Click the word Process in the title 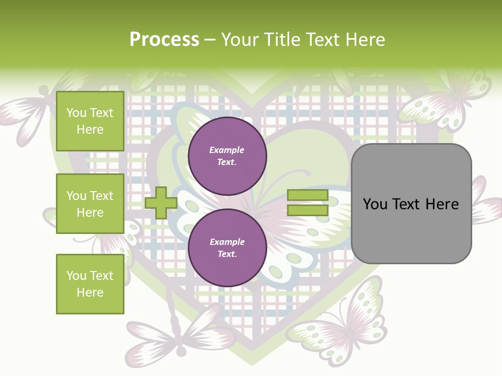164,40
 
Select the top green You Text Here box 90,121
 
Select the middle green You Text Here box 90,204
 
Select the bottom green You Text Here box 90,284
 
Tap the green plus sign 161,203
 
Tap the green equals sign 307,203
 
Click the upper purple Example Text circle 227,156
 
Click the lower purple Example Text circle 227,248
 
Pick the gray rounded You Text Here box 411,204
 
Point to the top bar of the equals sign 307,195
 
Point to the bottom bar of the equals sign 307,210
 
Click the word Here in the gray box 442,204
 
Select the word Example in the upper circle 227,150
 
